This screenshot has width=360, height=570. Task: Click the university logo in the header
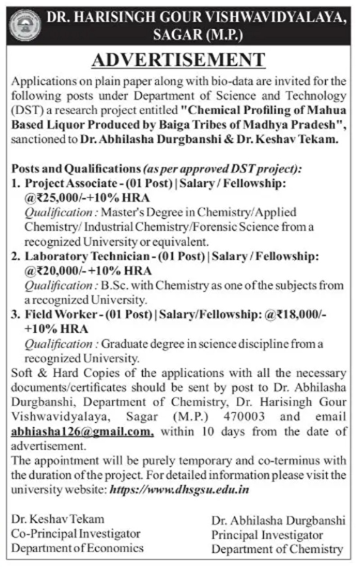coord(25,25)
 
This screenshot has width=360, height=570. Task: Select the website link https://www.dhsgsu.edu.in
coord(180,489)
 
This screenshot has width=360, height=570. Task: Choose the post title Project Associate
coord(64,183)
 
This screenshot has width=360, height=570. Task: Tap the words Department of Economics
coord(77,547)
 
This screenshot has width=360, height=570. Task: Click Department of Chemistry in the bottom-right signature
coord(277,549)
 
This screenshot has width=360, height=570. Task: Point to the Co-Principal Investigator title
coord(76,534)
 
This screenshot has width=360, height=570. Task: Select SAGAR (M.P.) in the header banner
coord(198,35)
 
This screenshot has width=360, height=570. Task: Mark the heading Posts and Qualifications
coord(75,169)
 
